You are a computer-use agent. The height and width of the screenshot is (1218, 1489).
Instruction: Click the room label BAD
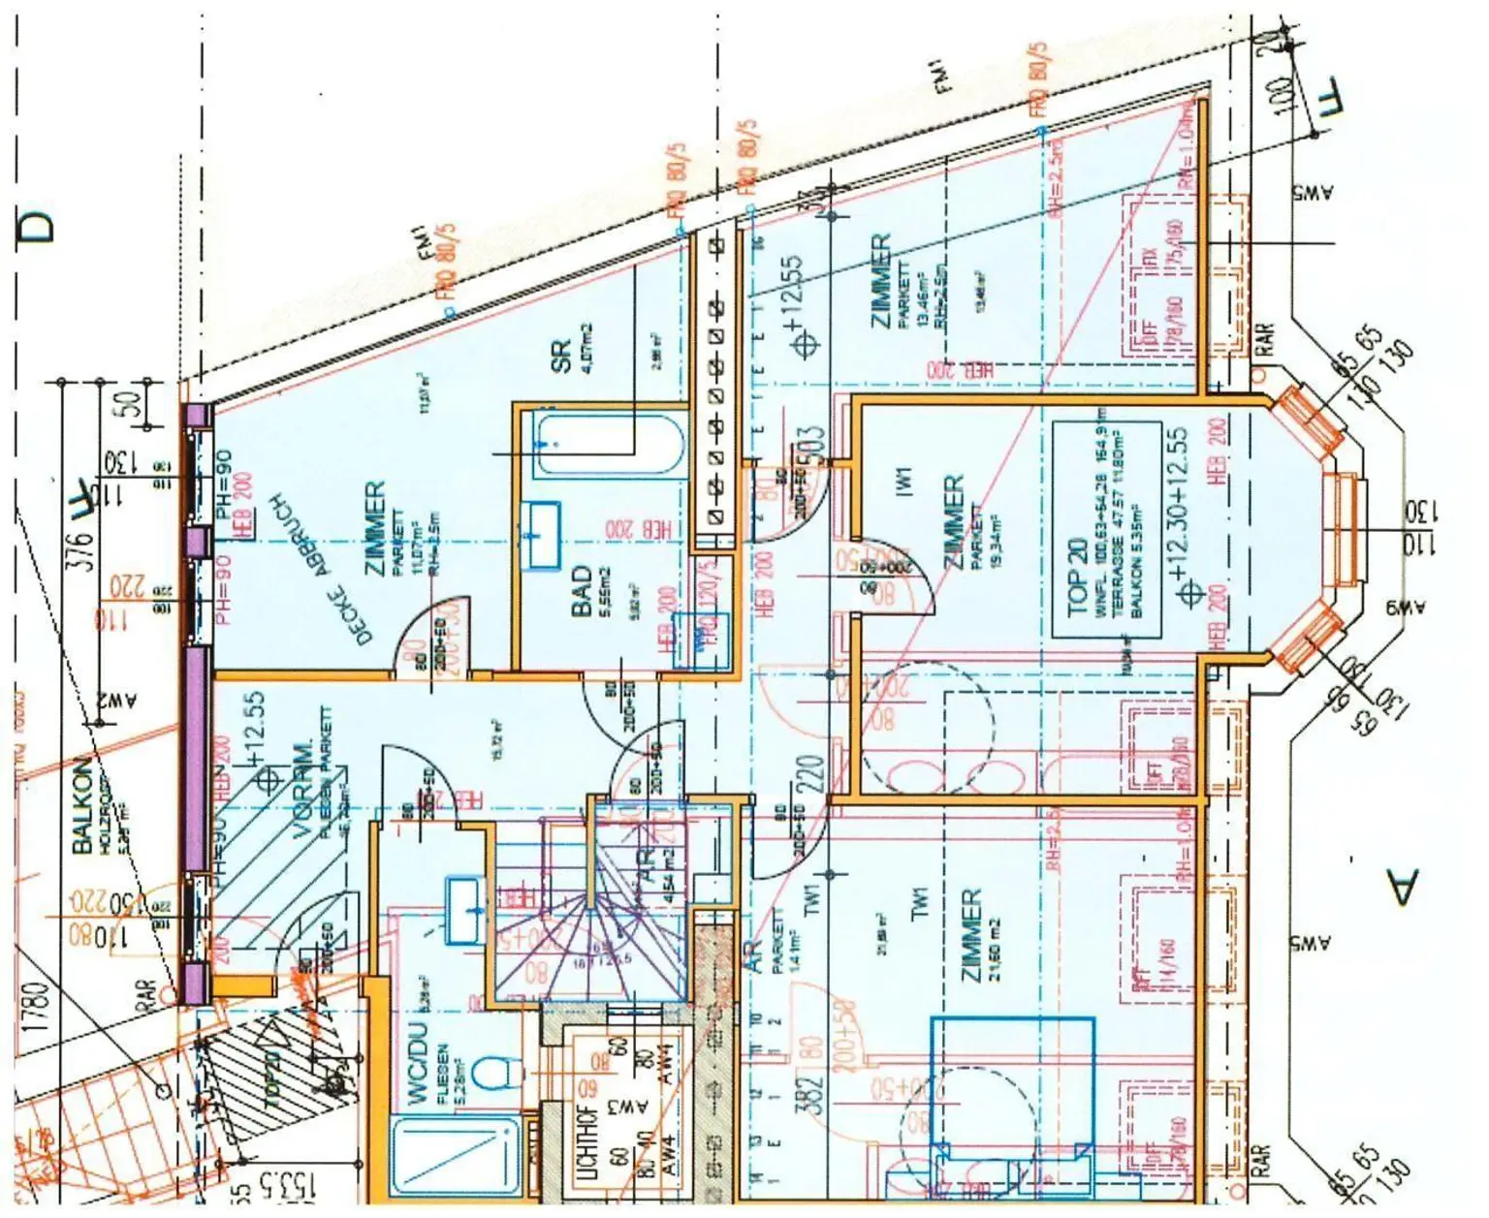coord(582,591)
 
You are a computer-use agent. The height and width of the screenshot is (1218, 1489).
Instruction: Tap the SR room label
coord(561,356)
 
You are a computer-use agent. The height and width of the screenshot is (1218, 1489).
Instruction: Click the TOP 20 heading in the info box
coord(1078,578)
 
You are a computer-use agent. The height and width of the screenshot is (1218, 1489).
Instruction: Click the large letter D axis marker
coord(37,227)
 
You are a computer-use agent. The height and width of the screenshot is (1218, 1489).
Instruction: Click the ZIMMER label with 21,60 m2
coord(972,936)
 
